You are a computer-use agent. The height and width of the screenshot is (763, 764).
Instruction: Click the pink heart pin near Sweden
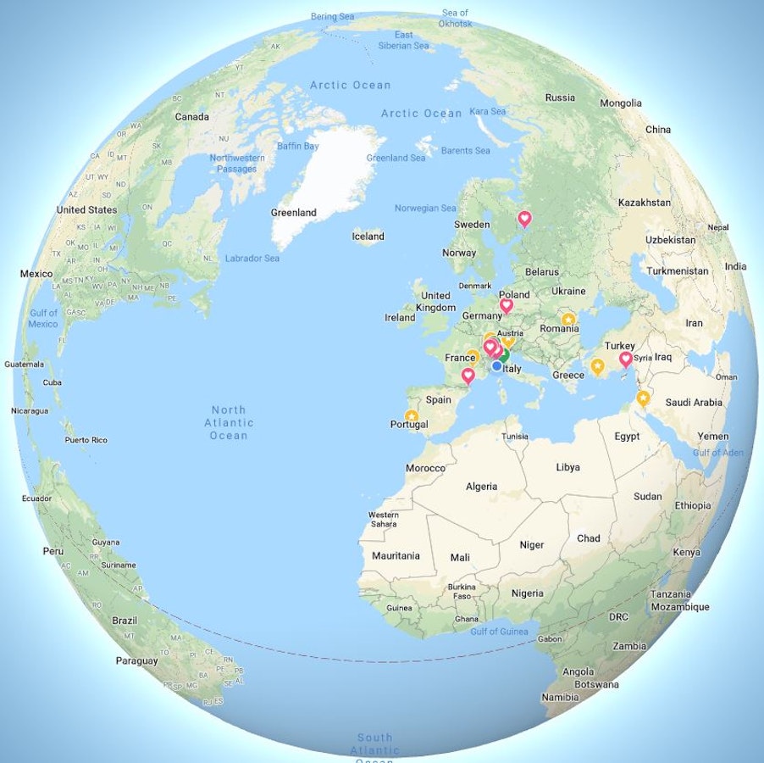tap(524, 219)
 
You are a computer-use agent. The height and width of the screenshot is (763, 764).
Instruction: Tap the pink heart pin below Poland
tap(507, 305)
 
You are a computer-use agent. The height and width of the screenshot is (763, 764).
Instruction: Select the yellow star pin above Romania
tap(568, 320)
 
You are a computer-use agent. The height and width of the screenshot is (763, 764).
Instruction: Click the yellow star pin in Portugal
tap(412, 416)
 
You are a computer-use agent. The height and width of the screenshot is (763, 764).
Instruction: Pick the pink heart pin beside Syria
tap(626, 359)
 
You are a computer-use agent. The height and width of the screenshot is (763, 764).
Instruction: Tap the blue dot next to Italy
tap(496, 366)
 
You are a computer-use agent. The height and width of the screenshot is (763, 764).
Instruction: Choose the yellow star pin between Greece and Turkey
tap(597, 366)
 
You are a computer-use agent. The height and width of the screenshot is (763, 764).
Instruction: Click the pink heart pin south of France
tap(468, 375)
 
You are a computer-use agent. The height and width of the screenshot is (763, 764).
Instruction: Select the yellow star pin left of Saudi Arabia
tap(643, 398)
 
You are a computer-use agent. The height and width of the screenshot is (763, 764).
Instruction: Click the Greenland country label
tap(293, 213)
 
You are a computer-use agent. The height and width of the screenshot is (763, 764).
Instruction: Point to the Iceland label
tap(368, 237)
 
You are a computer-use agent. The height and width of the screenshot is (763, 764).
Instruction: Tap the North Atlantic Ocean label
tap(229, 422)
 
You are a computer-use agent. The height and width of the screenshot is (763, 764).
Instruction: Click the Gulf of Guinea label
tap(499, 631)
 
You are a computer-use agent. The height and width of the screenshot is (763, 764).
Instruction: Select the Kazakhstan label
tap(644, 203)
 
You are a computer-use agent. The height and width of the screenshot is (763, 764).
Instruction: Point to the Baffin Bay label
tap(297, 147)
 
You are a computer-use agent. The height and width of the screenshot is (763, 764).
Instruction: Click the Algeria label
tap(481, 487)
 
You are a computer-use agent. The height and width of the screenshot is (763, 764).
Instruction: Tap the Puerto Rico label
tap(86, 440)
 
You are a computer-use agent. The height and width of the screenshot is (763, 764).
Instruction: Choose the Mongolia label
tap(620, 103)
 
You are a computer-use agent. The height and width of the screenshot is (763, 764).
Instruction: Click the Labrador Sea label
tap(252, 258)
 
